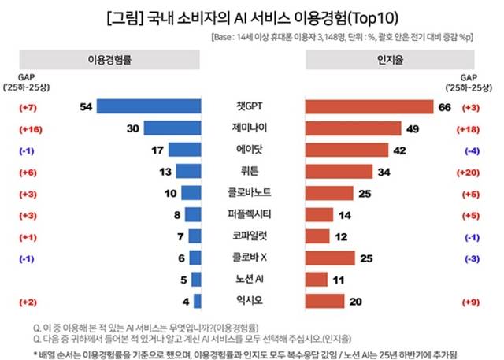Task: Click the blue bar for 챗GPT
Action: (x=150, y=106)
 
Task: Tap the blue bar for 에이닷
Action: (x=183, y=150)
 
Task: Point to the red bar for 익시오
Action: (x=323, y=300)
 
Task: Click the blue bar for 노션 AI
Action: (x=198, y=279)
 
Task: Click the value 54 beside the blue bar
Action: (x=87, y=106)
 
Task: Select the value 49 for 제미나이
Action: (x=413, y=128)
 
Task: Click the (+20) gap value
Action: (x=472, y=171)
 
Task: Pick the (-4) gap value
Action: (x=472, y=150)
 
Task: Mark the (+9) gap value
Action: (x=472, y=300)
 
